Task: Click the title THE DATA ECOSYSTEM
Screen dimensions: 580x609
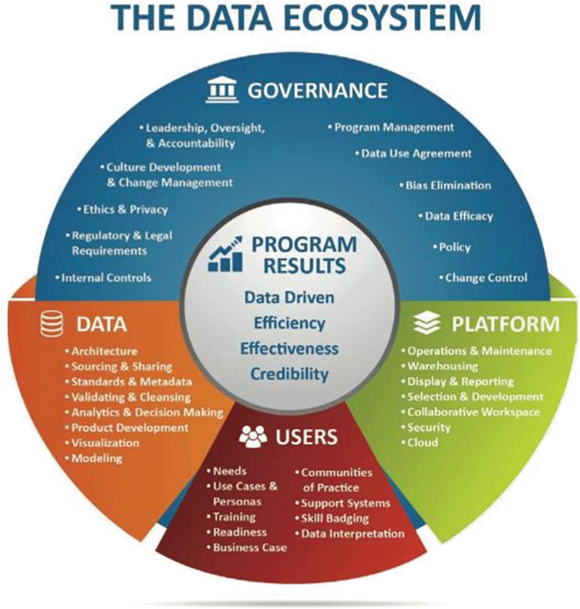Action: [x=296, y=18]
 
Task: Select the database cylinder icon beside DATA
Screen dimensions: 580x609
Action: [x=52, y=325]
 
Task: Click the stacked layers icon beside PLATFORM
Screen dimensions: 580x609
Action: [x=427, y=324]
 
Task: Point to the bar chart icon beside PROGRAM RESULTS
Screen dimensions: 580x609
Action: [x=226, y=254]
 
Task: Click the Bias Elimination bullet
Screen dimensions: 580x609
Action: [x=445, y=185]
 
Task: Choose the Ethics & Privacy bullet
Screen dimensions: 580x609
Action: [x=123, y=210]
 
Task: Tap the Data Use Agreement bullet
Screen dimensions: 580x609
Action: [x=413, y=154]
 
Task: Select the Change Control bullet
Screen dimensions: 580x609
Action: [x=483, y=278]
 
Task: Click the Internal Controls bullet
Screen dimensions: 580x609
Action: [x=104, y=278]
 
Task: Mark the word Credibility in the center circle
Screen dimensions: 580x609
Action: [x=289, y=374]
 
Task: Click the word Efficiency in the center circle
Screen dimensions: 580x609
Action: [x=289, y=323]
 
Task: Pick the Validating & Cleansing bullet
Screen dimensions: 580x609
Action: [x=128, y=398]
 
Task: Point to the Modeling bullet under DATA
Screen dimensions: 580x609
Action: [x=94, y=458]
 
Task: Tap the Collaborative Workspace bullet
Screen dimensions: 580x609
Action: [x=471, y=412]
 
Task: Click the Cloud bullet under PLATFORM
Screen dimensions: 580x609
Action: [x=420, y=442]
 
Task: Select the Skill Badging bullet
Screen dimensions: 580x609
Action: [x=332, y=519]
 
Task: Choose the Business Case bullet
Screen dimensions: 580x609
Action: [x=247, y=548]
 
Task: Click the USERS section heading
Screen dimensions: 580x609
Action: [x=306, y=437]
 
